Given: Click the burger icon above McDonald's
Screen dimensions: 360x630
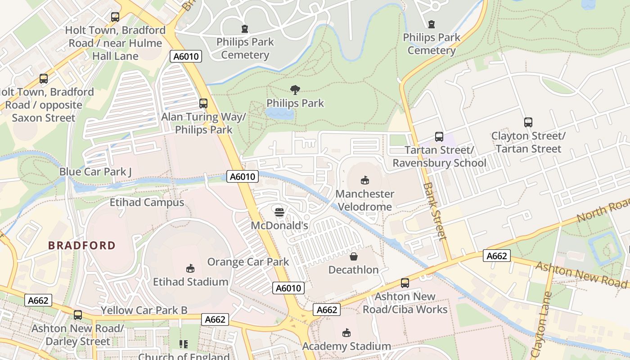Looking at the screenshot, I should (x=279, y=211).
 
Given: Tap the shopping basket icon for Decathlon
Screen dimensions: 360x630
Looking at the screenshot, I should (x=354, y=256).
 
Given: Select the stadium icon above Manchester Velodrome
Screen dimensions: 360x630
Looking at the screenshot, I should (x=364, y=180).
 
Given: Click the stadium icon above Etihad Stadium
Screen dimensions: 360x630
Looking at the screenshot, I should (x=190, y=268).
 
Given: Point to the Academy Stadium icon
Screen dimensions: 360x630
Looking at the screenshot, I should (x=346, y=333).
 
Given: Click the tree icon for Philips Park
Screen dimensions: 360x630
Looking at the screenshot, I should (x=295, y=90).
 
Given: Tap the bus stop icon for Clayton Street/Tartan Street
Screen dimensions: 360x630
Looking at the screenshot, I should (x=528, y=122).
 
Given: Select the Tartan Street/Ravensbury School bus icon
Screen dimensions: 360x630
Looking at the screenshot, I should (x=439, y=136).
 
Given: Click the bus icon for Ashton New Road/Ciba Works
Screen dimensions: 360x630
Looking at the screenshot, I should (x=405, y=283).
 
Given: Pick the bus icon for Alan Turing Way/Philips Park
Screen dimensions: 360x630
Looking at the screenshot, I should (x=203, y=103).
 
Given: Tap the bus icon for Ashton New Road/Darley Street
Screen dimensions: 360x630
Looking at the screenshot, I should (x=78, y=315).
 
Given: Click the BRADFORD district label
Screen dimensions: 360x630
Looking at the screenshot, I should (x=82, y=245).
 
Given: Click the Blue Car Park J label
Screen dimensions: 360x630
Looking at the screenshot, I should (x=95, y=171).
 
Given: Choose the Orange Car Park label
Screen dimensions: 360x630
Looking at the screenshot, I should (x=248, y=261).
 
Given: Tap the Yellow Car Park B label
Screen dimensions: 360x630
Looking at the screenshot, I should (x=144, y=310).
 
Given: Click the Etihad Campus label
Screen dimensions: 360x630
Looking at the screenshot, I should (x=147, y=202).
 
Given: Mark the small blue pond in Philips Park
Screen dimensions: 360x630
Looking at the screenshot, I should (x=280, y=114).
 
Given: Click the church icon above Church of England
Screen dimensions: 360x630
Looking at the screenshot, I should (x=183, y=344).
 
